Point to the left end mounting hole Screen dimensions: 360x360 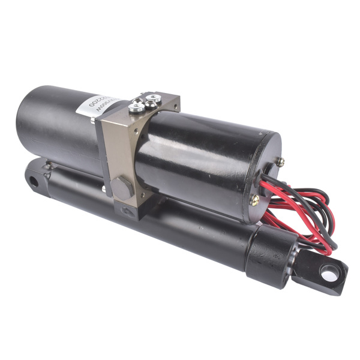pyautogui.click(x=34, y=180)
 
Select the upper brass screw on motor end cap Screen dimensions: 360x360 pyautogui.click(x=280, y=161)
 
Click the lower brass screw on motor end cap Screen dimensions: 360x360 pyautogui.click(x=255, y=202)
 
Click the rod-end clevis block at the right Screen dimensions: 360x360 pyautogui.click(x=321, y=273)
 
